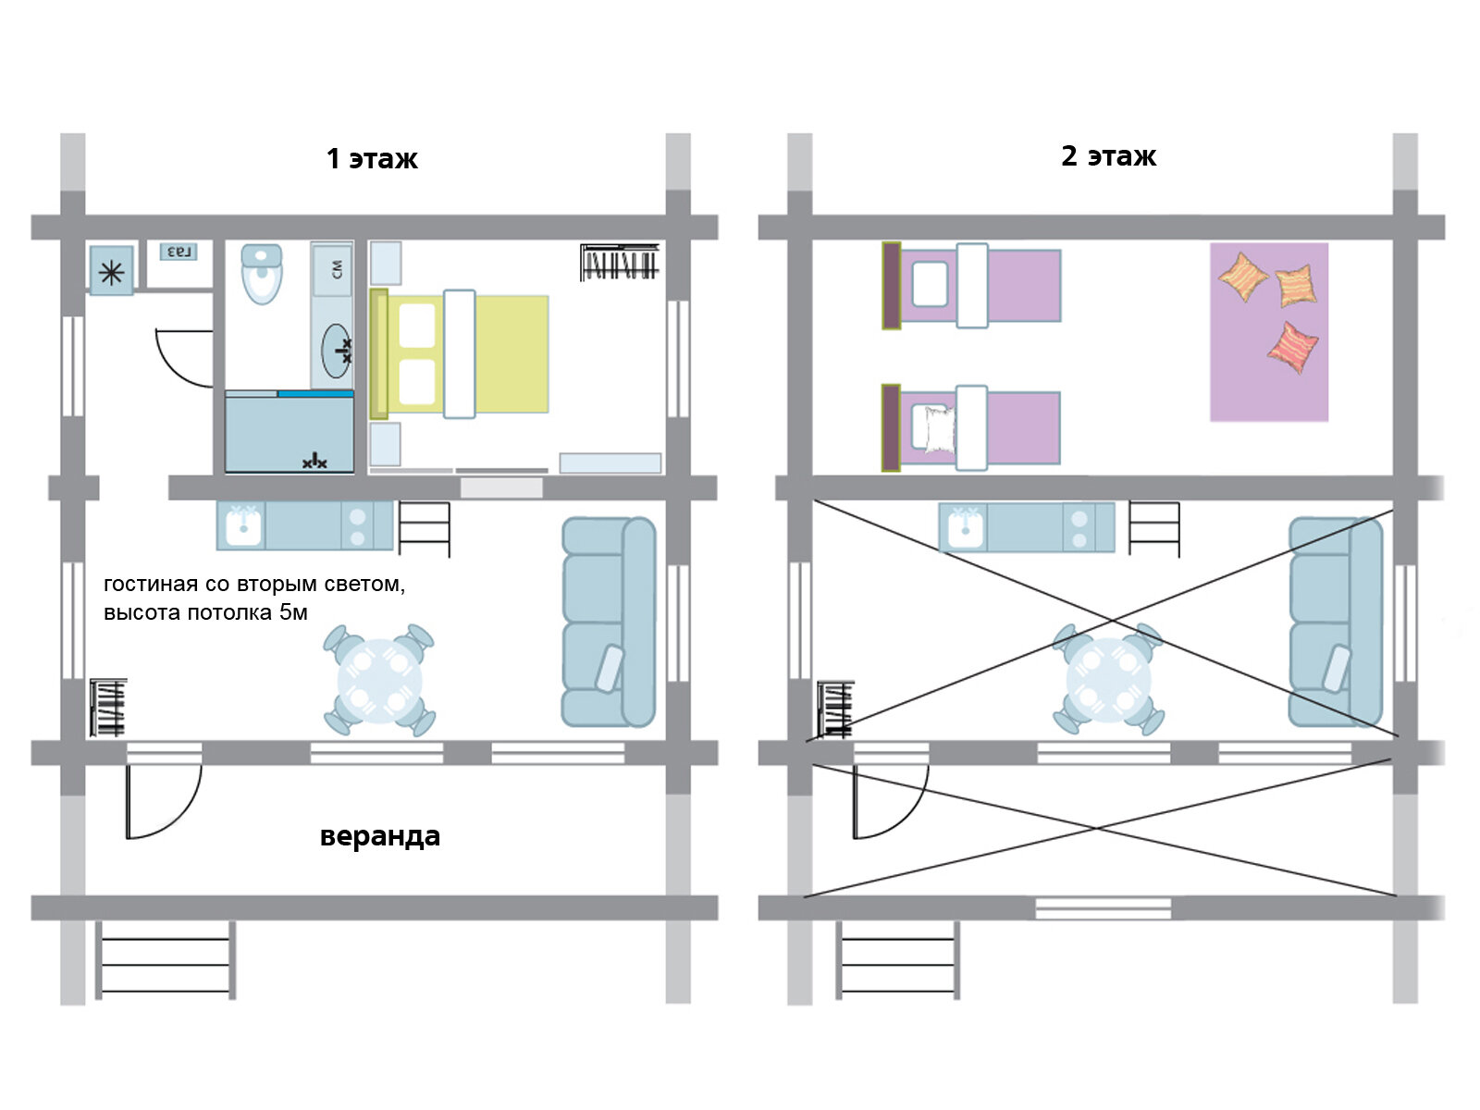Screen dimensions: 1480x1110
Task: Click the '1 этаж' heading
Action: click(x=372, y=159)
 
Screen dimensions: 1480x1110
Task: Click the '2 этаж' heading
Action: click(x=1108, y=156)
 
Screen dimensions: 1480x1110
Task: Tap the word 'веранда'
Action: click(x=379, y=835)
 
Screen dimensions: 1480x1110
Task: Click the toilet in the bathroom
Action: click(x=262, y=274)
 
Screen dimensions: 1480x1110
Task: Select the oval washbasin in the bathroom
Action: click(x=337, y=351)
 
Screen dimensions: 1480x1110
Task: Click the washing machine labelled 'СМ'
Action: click(x=332, y=269)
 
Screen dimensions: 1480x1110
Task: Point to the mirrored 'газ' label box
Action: click(x=179, y=253)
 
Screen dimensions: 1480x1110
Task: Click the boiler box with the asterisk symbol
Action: click(x=112, y=271)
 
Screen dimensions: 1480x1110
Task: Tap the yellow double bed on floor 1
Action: click(x=459, y=354)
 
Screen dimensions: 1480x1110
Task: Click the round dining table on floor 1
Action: click(x=379, y=681)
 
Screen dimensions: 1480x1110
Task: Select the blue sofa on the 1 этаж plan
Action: click(x=609, y=622)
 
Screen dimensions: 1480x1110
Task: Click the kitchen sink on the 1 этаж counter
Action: click(x=241, y=525)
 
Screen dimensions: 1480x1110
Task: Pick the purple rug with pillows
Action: click(x=1269, y=332)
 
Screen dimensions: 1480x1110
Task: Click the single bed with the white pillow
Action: click(x=971, y=428)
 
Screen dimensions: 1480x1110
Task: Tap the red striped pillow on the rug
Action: click(x=1292, y=348)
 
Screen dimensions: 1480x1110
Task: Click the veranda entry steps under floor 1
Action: click(x=166, y=960)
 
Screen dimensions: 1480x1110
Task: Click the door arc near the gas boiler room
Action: click(x=173, y=369)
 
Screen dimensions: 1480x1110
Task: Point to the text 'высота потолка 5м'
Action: click(x=205, y=612)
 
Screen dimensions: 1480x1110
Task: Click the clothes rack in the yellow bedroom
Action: click(x=619, y=262)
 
